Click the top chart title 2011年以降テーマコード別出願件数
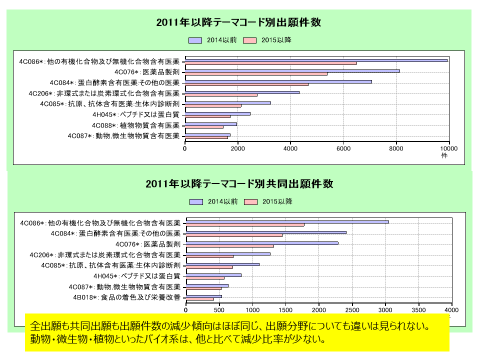[238, 22]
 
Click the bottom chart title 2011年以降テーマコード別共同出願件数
[239, 184]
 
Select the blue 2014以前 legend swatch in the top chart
[195, 40]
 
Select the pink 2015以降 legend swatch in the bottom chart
[250, 201]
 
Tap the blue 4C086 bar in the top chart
[316, 60]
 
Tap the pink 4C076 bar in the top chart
[256, 73]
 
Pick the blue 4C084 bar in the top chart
[278, 81]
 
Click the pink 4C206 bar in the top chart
[221, 95]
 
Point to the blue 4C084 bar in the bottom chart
[266, 232]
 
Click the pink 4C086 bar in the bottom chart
[245, 224]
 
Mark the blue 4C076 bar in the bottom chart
[262, 243]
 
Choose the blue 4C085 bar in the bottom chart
[222, 264]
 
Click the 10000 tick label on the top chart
[448, 148]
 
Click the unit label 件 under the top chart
[444, 155]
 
